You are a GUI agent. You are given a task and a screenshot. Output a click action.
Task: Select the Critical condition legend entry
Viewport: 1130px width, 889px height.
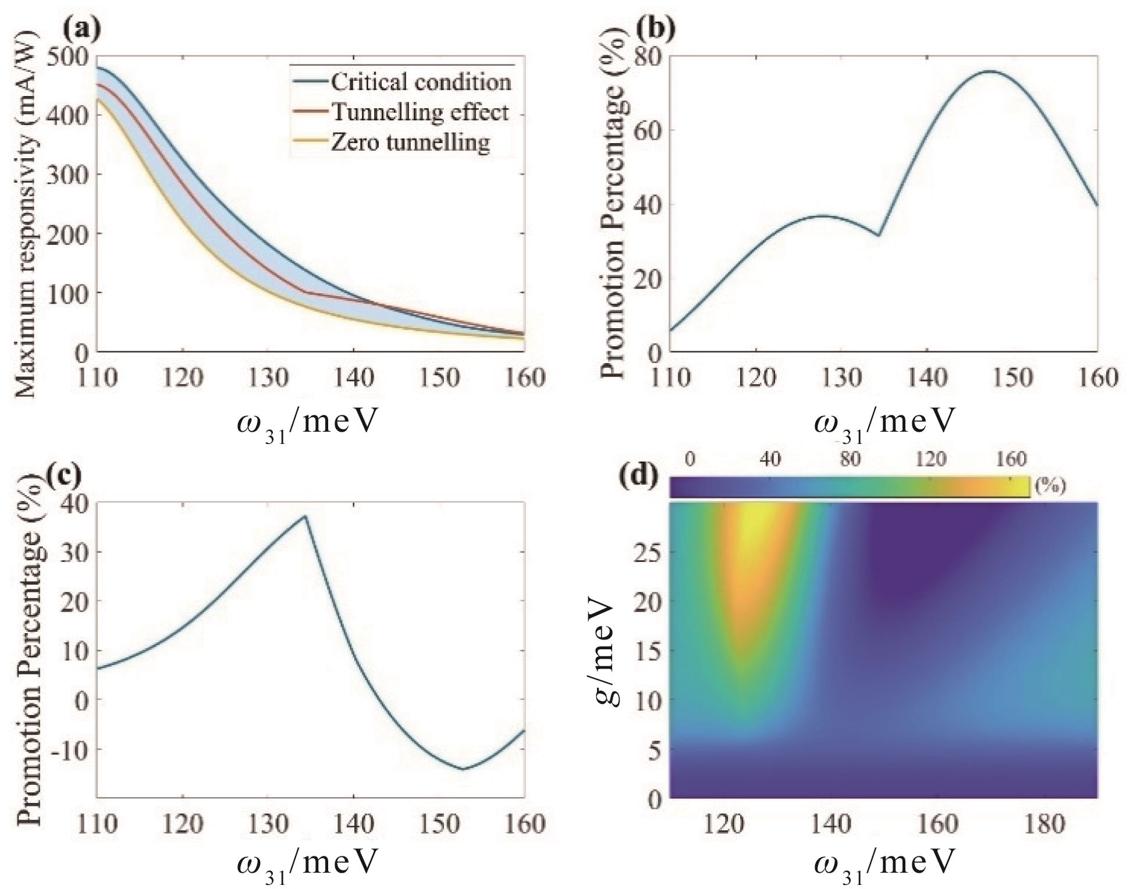pyautogui.click(x=421, y=82)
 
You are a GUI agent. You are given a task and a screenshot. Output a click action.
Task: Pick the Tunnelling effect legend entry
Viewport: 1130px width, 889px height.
pyautogui.click(x=420, y=112)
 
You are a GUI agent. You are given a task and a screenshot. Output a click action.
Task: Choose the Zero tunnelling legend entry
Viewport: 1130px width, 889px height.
pyautogui.click(x=410, y=142)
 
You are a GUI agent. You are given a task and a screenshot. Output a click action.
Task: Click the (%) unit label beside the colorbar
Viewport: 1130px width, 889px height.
pyautogui.click(x=1050, y=486)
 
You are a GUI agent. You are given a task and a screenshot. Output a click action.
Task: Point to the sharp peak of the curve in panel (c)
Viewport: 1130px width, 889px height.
pyautogui.click(x=305, y=516)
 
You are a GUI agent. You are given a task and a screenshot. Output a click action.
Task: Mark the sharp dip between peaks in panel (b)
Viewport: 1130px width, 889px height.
pyautogui.click(x=878, y=235)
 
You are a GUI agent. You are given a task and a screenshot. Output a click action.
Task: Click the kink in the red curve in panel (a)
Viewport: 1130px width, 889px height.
pyautogui.click(x=306, y=292)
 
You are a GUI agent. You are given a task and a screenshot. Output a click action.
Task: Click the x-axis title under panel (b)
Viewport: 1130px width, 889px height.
pyautogui.click(x=884, y=423)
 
